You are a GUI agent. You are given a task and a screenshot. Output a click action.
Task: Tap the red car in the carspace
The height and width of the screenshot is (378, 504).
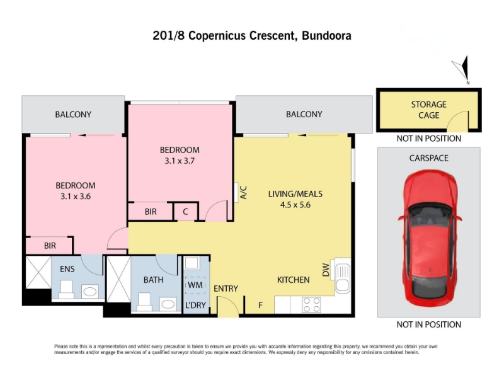click(x=430, y=238)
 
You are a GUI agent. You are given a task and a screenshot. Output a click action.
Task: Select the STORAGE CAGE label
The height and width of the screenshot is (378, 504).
click(x=429, y=110)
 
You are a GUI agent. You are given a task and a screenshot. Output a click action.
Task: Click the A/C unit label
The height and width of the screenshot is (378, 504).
click(x=243, y=192)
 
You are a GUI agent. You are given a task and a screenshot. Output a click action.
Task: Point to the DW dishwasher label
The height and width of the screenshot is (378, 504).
click(x=326, y=270)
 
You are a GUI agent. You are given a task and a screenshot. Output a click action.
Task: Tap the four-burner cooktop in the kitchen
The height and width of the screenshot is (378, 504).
click(x=311, y=305)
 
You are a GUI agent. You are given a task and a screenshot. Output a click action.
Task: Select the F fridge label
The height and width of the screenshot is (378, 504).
click(x=260, y=305)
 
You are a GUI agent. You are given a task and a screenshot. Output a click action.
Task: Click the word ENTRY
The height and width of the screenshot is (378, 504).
click(x=226, y=289)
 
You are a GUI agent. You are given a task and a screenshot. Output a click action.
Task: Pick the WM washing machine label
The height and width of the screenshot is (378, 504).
click(x=195, y=285)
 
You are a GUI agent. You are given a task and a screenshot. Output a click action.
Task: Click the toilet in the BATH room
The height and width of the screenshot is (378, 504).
click(x=144, y=302)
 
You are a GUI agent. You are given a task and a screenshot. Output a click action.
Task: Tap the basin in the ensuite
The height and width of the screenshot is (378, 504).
click(x=89, y=292)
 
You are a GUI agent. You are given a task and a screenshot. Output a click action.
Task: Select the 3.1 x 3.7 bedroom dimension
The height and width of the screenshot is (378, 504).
click(x=180, y=161)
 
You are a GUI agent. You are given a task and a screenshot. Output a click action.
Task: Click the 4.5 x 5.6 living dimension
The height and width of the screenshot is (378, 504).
click(x=295, y=205)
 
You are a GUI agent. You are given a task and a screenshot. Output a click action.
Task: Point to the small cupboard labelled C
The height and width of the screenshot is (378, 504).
click(x=186, y=212)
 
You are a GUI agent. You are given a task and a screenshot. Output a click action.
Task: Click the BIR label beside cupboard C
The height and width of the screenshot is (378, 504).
click(x=151, y=212)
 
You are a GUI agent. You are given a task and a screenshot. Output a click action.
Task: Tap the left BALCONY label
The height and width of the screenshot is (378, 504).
click(x=73, y=115)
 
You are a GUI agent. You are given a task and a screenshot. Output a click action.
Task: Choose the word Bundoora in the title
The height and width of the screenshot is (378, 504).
click(x=326, y=35)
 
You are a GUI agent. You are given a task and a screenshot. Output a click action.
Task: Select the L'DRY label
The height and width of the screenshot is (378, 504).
click(x=195, y=305)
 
